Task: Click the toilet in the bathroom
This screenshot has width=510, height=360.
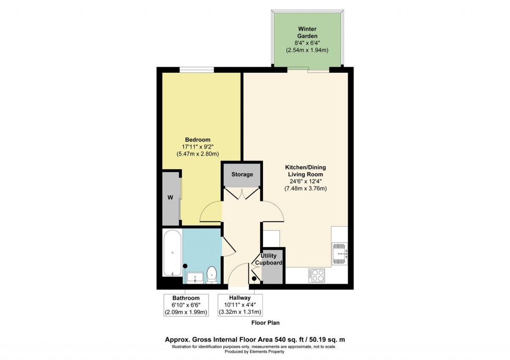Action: (x=212, y=273)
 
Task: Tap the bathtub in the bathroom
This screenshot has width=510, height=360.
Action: (x=172, y=253)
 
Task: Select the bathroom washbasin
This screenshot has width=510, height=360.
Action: (x=194, y=276)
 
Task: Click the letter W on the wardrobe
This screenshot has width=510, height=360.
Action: (x=170, y=197)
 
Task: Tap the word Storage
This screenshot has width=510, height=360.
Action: (x=242, y=174)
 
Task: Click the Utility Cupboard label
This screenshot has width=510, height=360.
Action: (x=269, y=259)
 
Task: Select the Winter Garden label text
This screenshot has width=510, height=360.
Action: (x=307, y=32)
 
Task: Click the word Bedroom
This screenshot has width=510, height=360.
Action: (x=198, y=139)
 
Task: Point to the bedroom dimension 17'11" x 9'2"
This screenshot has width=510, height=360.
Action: (x=198, y=147)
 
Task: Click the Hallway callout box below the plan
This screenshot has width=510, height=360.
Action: (x=240, y=305)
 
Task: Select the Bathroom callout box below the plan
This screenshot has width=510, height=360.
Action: (x=187, y=305)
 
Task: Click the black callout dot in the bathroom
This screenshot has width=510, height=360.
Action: (x=185, y=266)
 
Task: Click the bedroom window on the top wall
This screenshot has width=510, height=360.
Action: (x=197, y=70)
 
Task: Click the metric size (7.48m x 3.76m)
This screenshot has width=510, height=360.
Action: (x=305, y=189)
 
